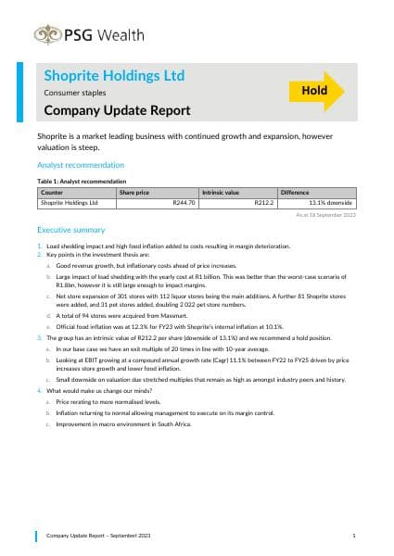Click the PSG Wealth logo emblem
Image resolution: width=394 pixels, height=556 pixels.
[x=45, y=35]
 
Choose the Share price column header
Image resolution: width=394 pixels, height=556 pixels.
[x=134, y=192]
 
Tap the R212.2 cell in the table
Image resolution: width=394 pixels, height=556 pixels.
[x=264, y=202]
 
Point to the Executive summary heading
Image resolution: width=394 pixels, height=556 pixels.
[x=73, y=228]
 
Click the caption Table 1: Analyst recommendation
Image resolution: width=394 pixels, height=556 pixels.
[x=82, y=182]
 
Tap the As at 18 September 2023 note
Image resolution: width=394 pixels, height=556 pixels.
[x=325, y=214]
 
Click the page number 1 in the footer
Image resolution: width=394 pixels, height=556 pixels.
[x=354, y=536]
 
